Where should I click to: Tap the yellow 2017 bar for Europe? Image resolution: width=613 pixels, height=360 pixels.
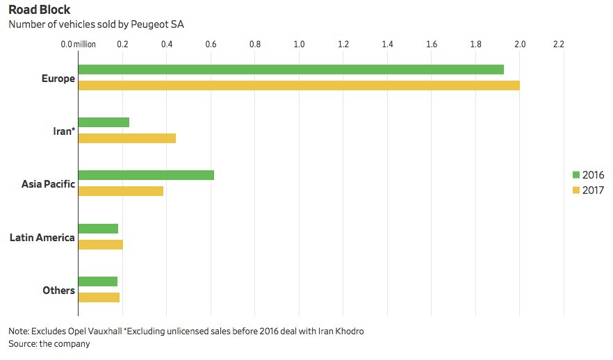click(299, 85)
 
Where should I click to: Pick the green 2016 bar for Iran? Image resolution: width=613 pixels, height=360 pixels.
click(104, 122)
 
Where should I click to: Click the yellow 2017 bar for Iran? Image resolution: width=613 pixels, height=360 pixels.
click(126, 138)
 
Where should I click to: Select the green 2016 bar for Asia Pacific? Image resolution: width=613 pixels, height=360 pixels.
click(146, 175)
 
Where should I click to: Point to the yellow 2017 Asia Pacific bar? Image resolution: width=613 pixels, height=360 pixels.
click(121, 191)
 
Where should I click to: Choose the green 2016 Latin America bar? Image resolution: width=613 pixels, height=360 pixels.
click(98, 229)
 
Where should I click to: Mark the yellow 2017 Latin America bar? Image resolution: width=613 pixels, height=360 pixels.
click(100, 245)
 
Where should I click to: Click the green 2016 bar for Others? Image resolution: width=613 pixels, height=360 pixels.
click(98, 281)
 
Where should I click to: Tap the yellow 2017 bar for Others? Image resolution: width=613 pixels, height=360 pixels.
click(99, 297)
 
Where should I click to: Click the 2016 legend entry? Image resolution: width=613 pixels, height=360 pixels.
click(587, 174)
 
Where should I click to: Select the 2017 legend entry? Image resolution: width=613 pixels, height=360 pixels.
click(587, 190)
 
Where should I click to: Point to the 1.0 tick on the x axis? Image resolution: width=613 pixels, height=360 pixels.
click(300, 44)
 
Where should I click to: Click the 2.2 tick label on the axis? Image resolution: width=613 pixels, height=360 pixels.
click(558, 44)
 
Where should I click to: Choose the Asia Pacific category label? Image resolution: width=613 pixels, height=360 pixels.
click(49, 184)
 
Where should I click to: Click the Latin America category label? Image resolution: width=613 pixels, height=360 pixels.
click(42, 238)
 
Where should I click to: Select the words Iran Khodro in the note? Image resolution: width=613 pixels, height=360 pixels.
click(339, 331)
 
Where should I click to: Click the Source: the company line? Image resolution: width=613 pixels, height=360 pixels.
click(49, 343)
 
